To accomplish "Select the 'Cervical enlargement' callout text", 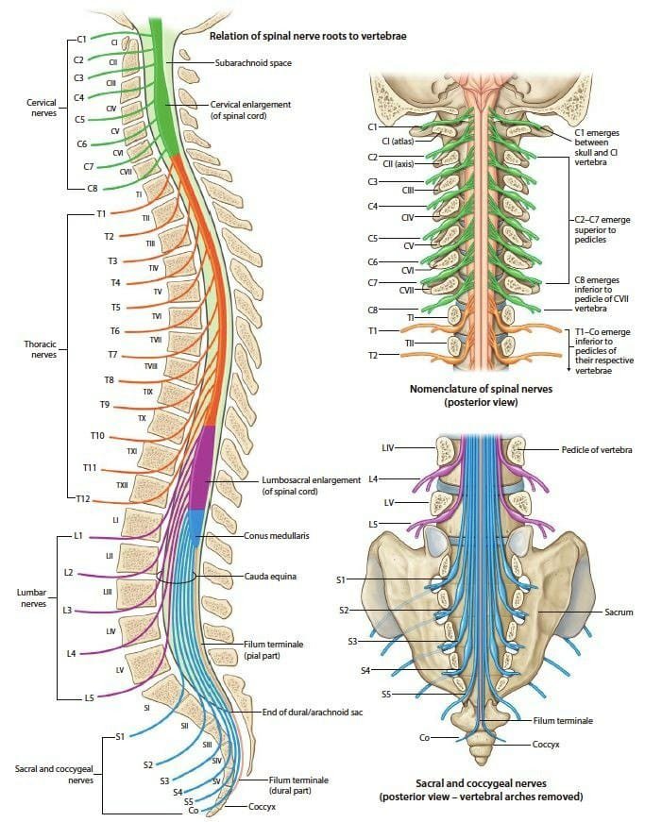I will click(x=250, y=109).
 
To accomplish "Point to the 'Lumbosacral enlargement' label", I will click(x=311, y=485).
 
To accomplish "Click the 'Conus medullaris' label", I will click(x=277, y=536).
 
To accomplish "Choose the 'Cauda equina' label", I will click(x=265, y=575).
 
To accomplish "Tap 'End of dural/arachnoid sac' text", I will click(x=313, y=712).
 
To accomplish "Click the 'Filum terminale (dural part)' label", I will click(x=298, y=786).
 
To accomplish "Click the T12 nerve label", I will click(x=83, y=498).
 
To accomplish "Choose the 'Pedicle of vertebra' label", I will click(x=597, y=449).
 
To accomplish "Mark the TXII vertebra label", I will click(x=122, y=484).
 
